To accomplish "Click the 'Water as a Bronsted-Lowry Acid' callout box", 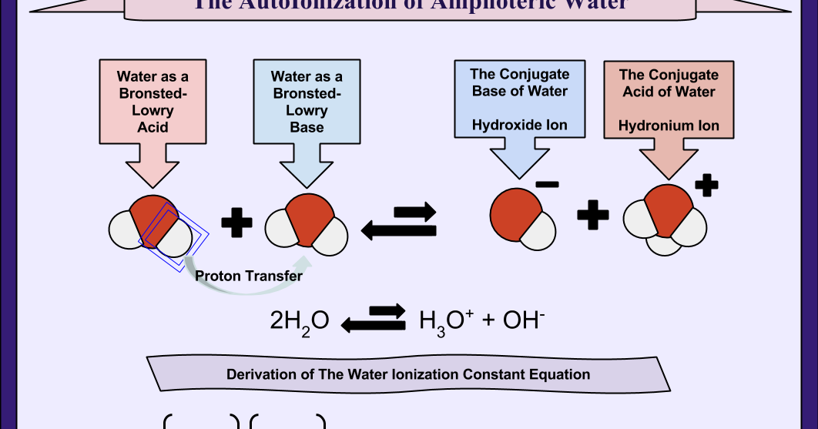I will [x=153, y=101].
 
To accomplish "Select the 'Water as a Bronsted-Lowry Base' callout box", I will [x=307, y=101].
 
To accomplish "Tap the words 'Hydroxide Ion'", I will [x=519, y=125].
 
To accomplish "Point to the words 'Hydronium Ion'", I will [x=670, y=126].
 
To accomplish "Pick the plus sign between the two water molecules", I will [x=236, y=223].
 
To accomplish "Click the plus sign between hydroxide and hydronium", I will [x=592, y=213].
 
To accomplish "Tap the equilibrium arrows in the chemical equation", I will [x=374, y=319].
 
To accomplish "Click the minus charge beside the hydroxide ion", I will [x=547, y=185].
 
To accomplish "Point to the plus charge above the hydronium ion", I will [x=706, y=186].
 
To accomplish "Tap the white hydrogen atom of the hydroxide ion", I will [x=538, y=230].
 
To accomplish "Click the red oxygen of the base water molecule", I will [x=308, y=217].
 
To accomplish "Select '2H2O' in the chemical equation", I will [x=300, y=320].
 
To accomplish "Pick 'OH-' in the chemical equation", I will [x=524, y=319].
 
